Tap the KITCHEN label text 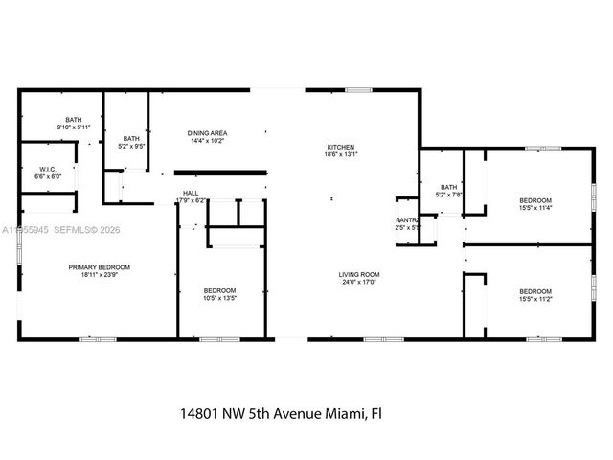(341, 146)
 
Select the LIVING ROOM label (358, 275)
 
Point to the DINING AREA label (206, 133)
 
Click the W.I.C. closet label (47, 170)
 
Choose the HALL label (191, 193)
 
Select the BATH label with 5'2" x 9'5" (131, 139)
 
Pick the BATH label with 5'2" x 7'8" (448, 187)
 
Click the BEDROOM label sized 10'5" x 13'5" (219, 290)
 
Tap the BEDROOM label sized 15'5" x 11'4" (534, 199)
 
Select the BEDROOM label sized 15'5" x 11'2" (534, 291)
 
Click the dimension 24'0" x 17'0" (358, 283)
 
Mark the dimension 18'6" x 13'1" (341, 153)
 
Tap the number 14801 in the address (201, 414)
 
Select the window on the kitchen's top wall (358, 90)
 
